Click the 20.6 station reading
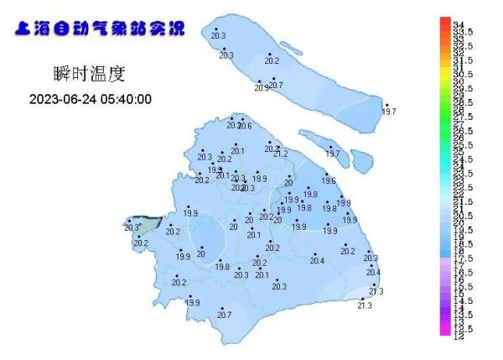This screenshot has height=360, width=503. click(244, 126)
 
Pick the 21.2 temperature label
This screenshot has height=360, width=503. click(280, 154)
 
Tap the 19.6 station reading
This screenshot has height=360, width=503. click(329, 181)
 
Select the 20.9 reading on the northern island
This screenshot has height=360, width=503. click(262, 88)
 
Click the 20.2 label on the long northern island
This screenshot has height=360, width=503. click(272, 61)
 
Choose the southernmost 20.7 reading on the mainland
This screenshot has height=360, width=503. click(224, 315)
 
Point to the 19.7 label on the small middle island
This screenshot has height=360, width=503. click(333, 154)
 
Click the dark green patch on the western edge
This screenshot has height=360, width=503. click(147, 225)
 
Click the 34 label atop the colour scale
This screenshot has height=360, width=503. click(459, 24)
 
